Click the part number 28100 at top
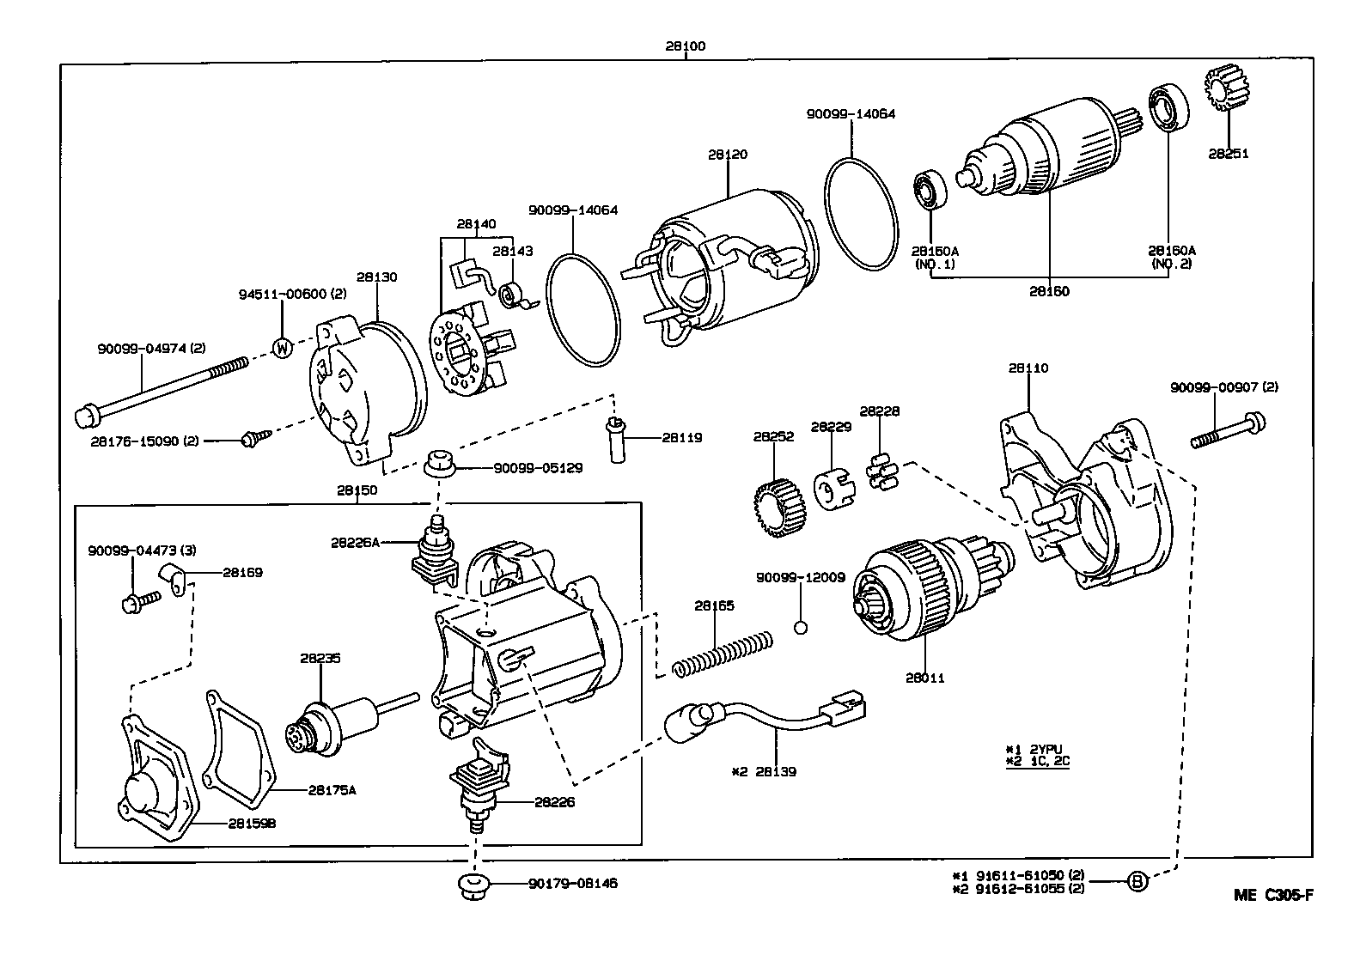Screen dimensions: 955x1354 point(685,46)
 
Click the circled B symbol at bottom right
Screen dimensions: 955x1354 point(1137,881)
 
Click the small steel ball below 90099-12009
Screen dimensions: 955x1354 point(801,628)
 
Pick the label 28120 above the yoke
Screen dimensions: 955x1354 point(728,155)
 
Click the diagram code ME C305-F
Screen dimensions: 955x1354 point(1273,896)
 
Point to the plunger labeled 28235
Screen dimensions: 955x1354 point(331,720)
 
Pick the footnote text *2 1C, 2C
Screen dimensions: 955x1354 point(1037,761)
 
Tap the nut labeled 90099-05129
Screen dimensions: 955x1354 point(440,462)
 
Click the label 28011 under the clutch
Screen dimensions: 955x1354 point(924,678)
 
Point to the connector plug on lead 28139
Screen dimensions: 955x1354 point(844,706)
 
